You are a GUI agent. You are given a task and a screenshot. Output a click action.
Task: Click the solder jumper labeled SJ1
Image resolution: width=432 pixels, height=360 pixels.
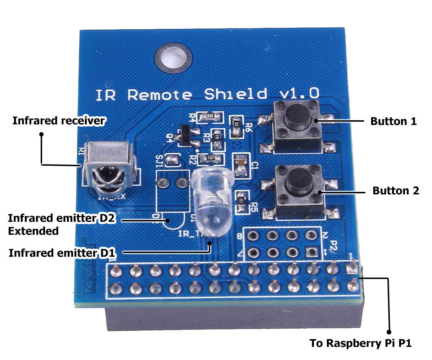coord(174,161)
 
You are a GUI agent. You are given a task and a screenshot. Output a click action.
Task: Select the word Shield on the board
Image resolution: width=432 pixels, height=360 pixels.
coord(235,94)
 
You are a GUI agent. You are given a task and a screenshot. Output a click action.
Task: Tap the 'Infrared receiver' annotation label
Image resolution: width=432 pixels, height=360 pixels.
coord(58,121)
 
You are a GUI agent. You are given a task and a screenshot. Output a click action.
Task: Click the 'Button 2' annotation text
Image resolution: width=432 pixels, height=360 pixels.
coord(396,190)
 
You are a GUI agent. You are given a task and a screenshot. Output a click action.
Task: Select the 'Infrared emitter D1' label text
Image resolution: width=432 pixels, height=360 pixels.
coord(61,253)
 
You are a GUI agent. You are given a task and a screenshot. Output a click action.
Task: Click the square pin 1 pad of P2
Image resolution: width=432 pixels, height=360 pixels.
coord(309,251)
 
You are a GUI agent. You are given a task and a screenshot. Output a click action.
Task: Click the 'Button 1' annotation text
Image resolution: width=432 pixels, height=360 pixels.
coord(393,121)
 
